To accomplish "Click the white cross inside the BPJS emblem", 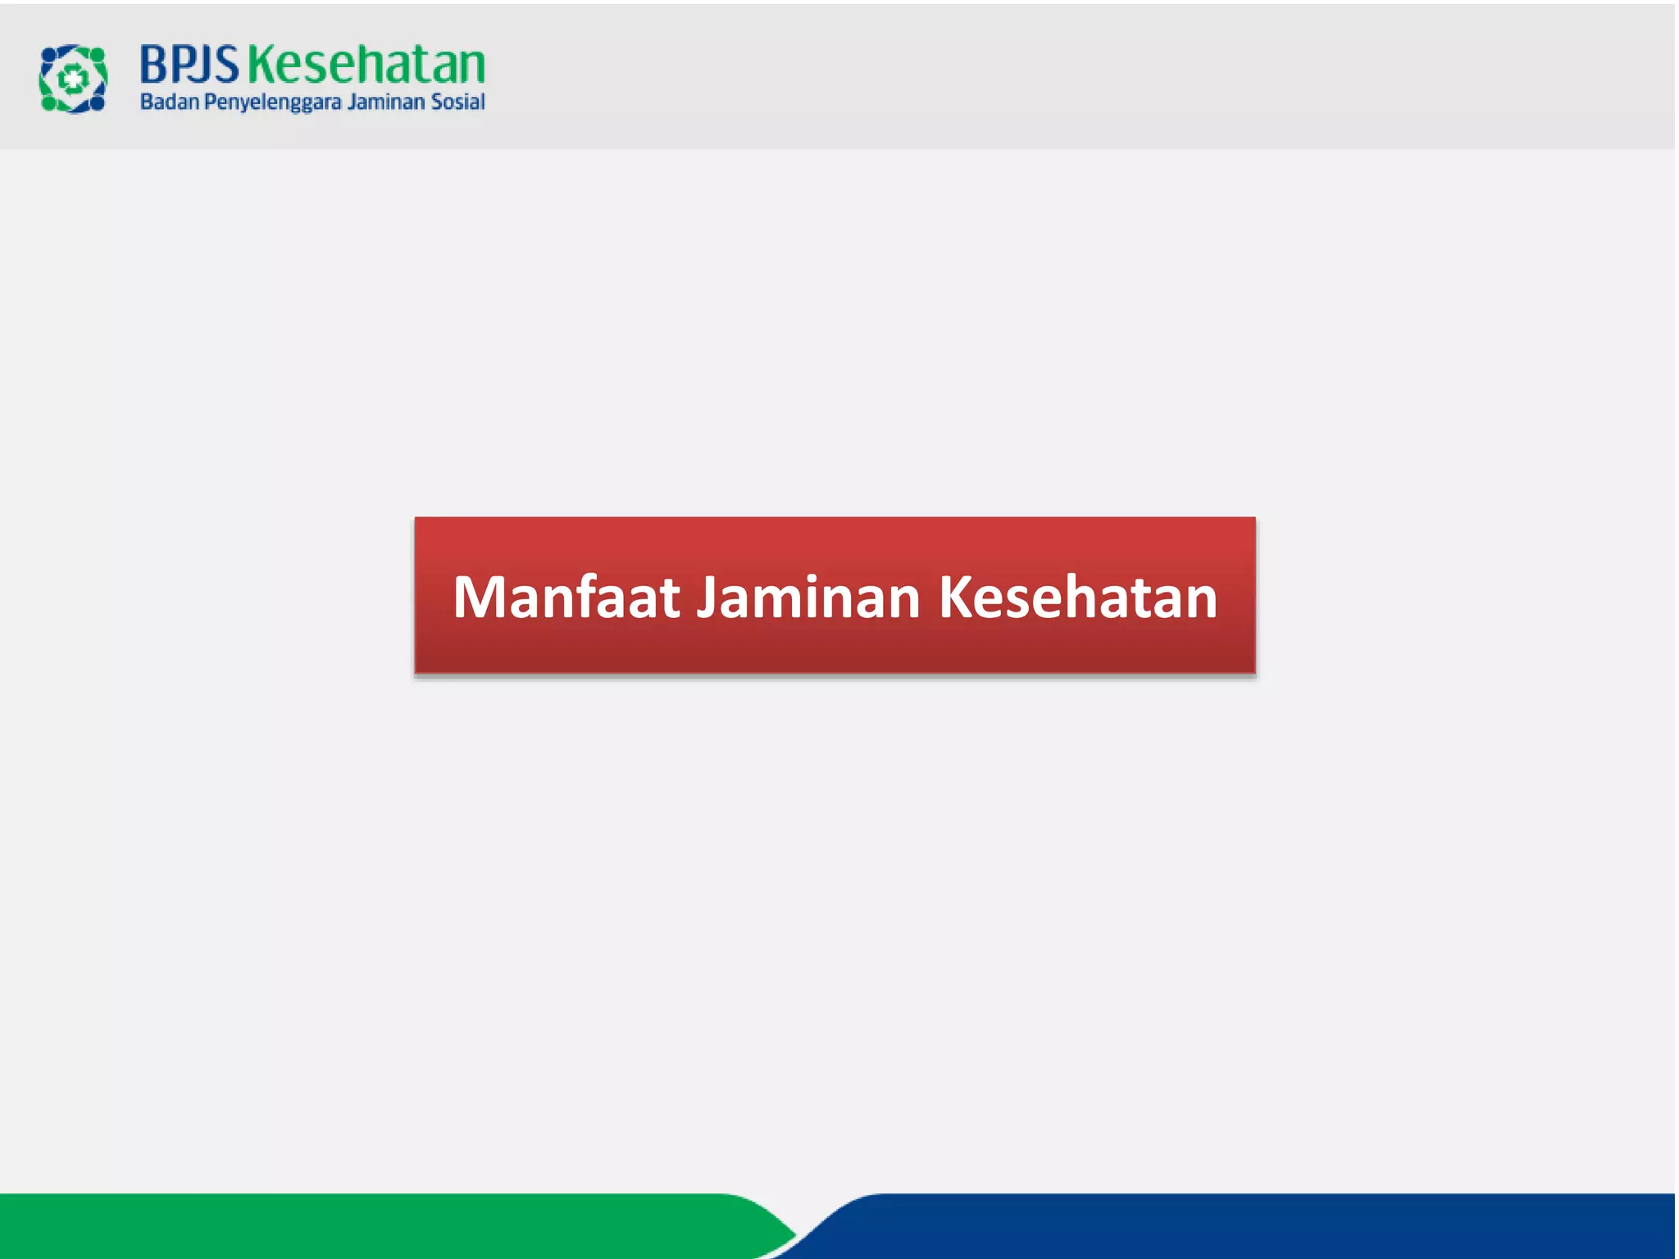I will pyautogui.click(x=73, y=79).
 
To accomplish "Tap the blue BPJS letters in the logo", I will pyautogui.click(x=189, y=65).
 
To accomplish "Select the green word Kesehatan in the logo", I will pyautogui.click(x=366, y=65).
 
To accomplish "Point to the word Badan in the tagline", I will pyautogui.click(x=170, y=102).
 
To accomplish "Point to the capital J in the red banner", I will pyautogui.click(x=708, y=598).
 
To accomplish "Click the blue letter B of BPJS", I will pyautogui.click(x=154, y=65).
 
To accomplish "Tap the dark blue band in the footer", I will pyautogui.click(x=1230, y=1226).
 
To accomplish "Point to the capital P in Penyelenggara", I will pyautogui.click(x=209, y=102).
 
